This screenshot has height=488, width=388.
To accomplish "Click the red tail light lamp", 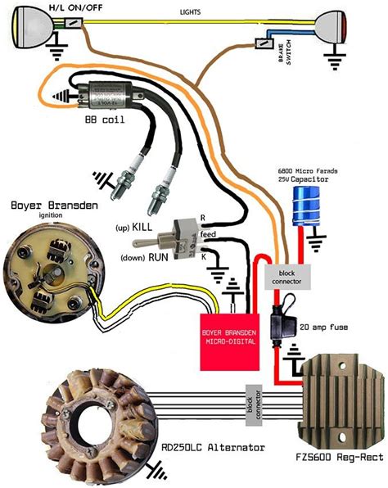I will pyautogui.click(x=337, y=24).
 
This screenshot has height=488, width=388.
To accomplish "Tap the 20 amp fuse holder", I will pyautogui.click(x=282, y=319).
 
